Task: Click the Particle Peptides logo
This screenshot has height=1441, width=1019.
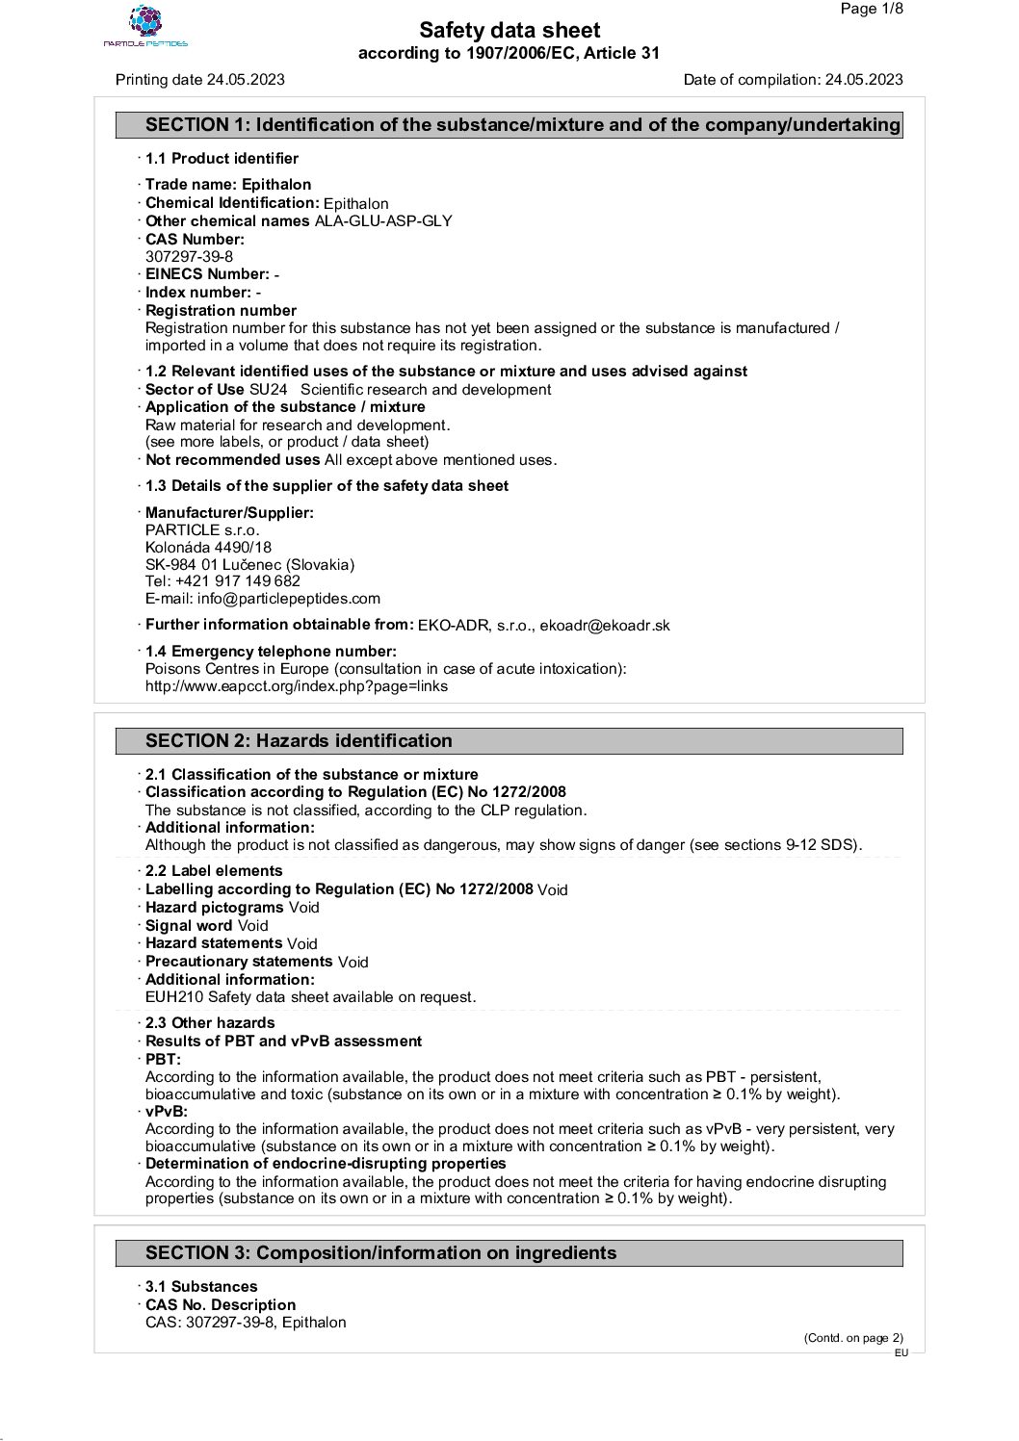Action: [x=145, y=26]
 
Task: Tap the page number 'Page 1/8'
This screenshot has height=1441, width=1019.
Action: [x=872, y=10]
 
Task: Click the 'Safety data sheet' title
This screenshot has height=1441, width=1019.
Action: [x=509, y=31]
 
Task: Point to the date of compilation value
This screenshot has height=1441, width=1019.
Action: [x=864, y=80]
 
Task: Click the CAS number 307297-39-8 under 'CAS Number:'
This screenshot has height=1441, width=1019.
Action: [x=189, y=257]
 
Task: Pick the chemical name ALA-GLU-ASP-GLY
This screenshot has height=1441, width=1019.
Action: [x=383, y=221]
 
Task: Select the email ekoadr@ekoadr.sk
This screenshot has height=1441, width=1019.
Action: [x=605, y=626]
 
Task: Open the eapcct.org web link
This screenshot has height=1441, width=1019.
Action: [x=297, y=687]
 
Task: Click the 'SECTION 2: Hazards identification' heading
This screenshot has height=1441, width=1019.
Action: [x=299, y=741]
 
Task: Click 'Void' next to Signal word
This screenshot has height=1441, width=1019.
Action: [x=253, y=926]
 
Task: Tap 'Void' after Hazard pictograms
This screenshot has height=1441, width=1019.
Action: [x=303, y=908]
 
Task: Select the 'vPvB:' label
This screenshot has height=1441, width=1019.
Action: [x=167, y=1112]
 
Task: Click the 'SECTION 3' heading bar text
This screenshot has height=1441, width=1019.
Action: [x=380, y=1253]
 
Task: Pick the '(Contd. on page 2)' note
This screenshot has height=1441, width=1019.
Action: [x=853, y=1337]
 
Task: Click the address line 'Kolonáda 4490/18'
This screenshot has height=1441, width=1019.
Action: [x=208, y=548]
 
